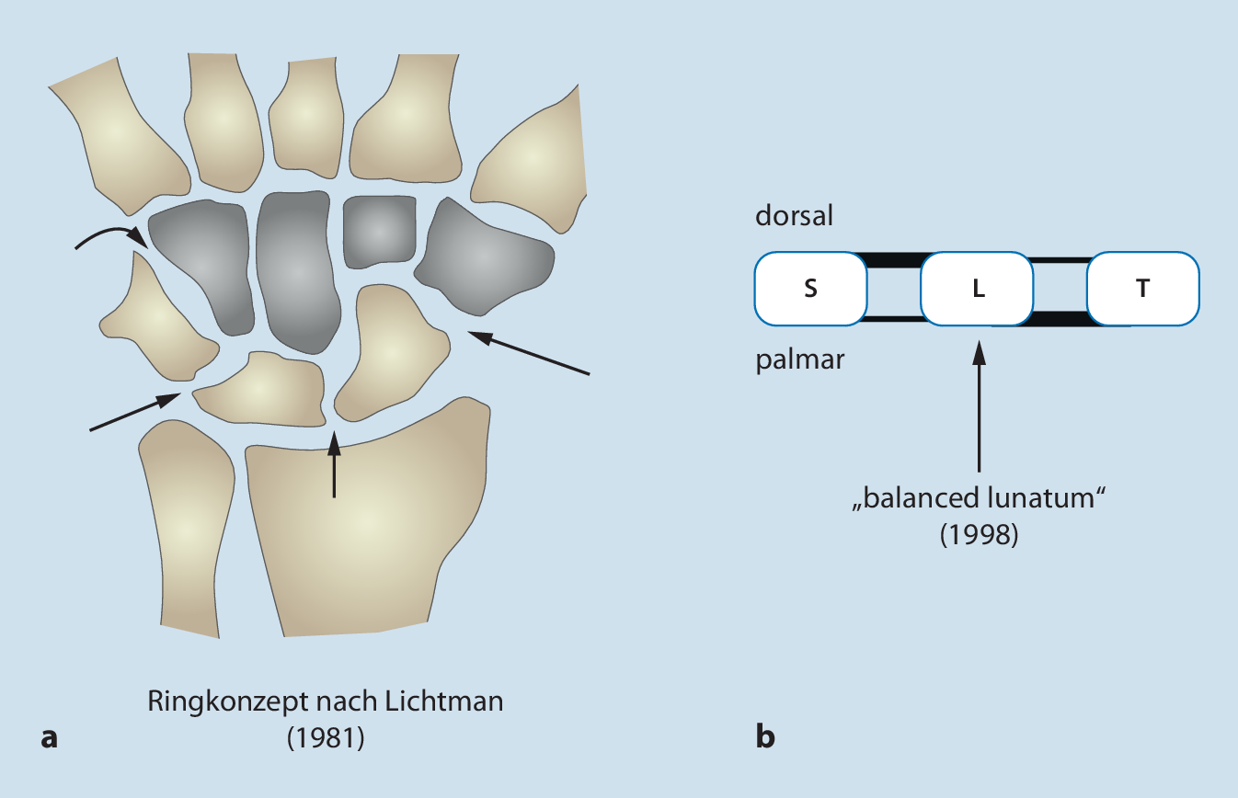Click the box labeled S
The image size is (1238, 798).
click(x=810, y=289)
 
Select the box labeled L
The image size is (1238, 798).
click(x=978, y=289)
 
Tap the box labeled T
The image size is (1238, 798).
click(x=1143, y=289)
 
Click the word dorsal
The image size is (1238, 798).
click(x=796, y=217)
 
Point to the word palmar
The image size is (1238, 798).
click(x=800, y=359)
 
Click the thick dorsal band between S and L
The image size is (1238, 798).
click(x=894, y=260)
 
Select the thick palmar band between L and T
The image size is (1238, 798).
click(x=1060, y=319)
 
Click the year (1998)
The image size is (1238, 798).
click(x=979, y=535)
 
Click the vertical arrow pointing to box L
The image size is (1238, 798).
click(x=979, y=405)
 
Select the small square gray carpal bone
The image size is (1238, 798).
click(x=377, y=230)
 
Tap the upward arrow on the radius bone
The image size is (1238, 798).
click(x=333, y=464)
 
